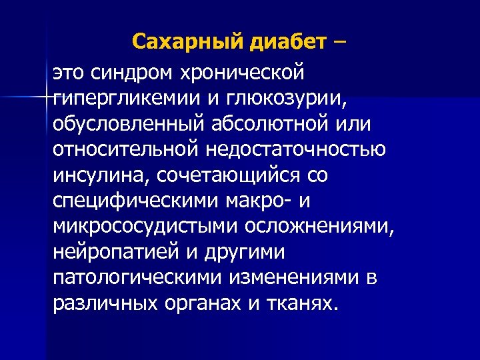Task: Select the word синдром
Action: pyautogui.click(x=133, y=70)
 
